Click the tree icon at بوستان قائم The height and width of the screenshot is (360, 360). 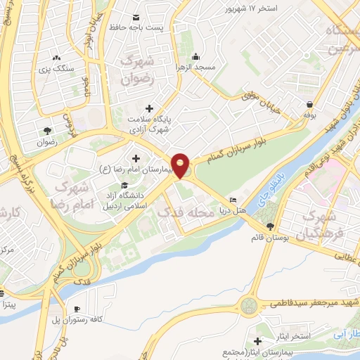[x=271, y=226]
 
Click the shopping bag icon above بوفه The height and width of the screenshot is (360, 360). [x=308, y=103]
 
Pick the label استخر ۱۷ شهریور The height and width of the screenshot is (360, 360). [x=254, y=8]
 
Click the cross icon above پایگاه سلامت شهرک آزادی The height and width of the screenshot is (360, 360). [x=148, y=108]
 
